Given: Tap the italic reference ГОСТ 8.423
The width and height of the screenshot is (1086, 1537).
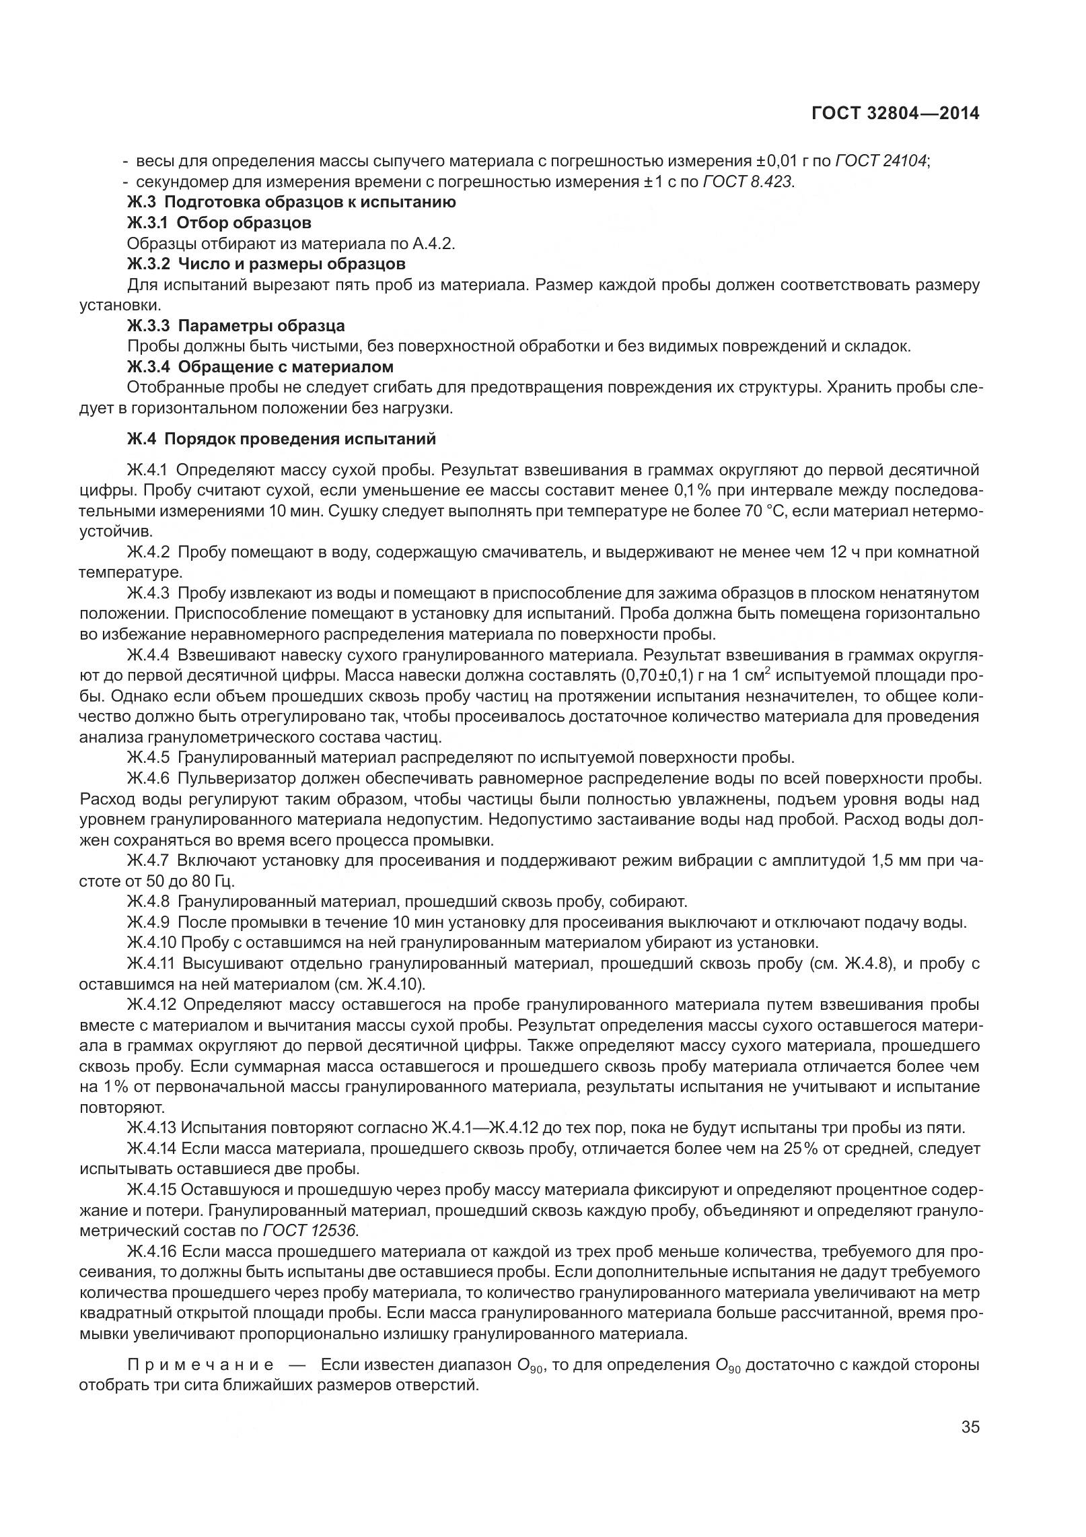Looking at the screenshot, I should pos(748,182).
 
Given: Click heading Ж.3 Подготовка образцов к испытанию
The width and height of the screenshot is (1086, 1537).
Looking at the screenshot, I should pos(291,202).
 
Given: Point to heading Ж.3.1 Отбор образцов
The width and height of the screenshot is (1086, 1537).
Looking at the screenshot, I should pos(219,223).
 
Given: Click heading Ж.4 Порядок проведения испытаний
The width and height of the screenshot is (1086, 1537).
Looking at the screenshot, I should pos(281,439).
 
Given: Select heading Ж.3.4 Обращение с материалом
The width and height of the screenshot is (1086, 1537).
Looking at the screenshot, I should pos(260,367).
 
